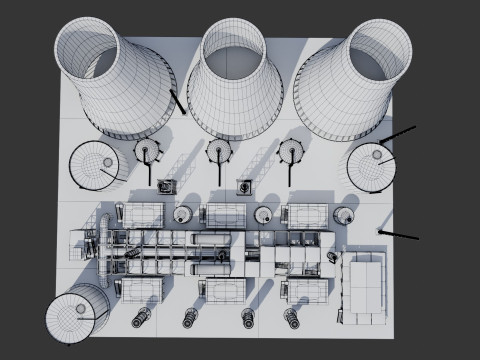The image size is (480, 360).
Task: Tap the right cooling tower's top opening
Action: (380, 46)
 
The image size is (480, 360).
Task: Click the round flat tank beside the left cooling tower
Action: (92, 165)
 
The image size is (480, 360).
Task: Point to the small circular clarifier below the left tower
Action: (148, 152)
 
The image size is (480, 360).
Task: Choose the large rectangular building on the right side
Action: (364, 285)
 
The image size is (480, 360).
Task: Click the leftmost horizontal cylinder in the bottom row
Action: (140, 318)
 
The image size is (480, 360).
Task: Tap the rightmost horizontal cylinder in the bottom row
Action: (292, 318)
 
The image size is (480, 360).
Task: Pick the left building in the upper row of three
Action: (141, 215)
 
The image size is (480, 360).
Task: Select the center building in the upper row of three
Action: (224, 215)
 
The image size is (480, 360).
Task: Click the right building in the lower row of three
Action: (306, 291)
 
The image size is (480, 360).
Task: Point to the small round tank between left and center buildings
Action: (182, 214)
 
